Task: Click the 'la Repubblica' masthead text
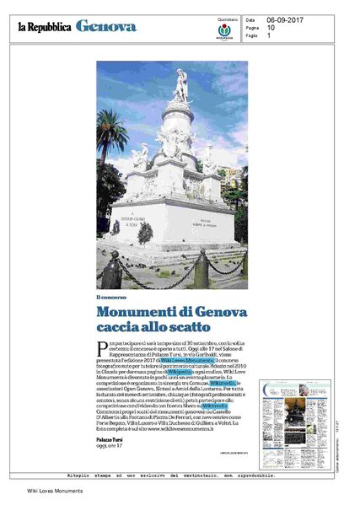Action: (44, 27)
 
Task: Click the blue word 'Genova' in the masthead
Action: (105, 27)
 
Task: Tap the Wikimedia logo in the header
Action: (225, 32)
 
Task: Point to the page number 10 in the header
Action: (271, 27)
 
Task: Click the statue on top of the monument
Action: (180, 85)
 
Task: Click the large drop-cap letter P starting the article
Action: (99, 348)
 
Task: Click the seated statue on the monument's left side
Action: (141, 157)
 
